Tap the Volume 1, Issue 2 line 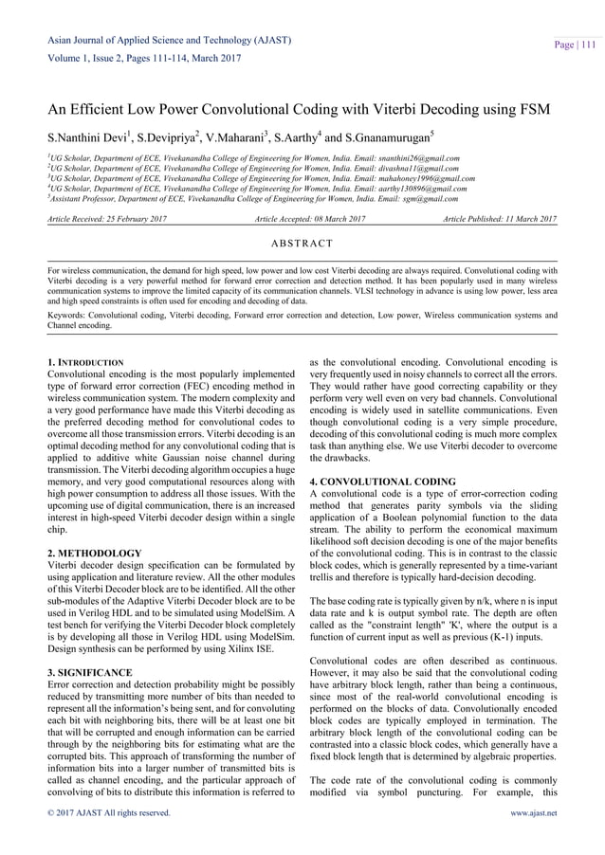coord(139,58)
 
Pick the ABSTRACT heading coord(302,244)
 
